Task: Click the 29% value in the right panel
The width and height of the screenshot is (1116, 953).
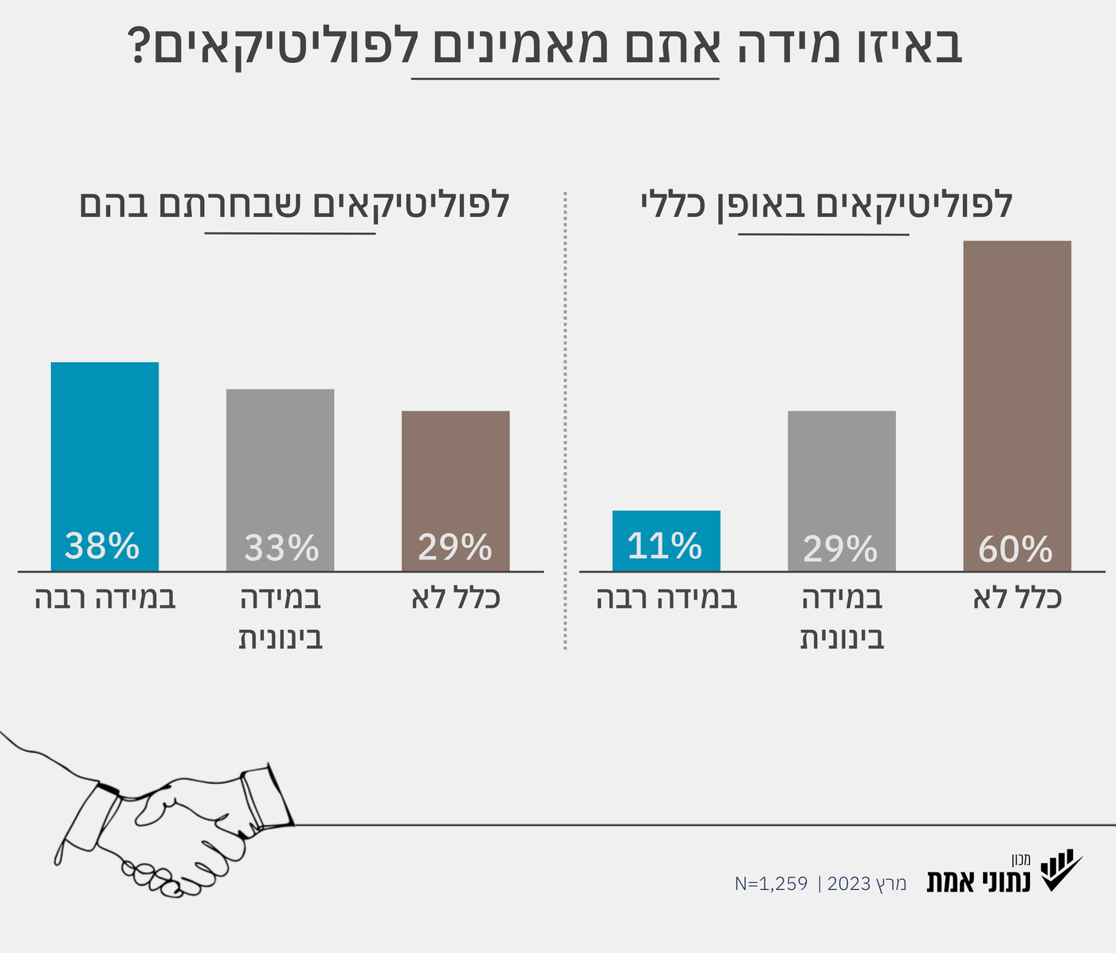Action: pyautogui.click(x=840, y=549)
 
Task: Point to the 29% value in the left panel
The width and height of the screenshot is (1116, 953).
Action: pyautogui.click(x=454, y=547)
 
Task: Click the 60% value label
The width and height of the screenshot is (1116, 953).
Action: pyautogui.click(x=1016, y=549)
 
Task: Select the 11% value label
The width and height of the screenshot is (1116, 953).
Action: pyautogui.click(x=664, y=546)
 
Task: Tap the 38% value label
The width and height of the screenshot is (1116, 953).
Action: pyautogui.click(x=102, y=546)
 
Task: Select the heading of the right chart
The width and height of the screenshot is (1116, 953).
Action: pyautogui.click(x=826, y=204)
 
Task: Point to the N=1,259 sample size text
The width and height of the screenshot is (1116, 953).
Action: pyautogui.click(x=771, y=884)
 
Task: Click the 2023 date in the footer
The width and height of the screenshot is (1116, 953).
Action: pyautogui.click(x=850, y=884)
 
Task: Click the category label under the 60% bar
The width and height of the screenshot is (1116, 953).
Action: pyautogui.click(x=1017, y=598)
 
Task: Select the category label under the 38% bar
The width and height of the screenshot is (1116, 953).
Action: pyautogui.click(x=105, y=598)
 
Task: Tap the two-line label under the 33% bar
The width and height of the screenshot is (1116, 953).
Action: pyautogui.click(x=281, y=618)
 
